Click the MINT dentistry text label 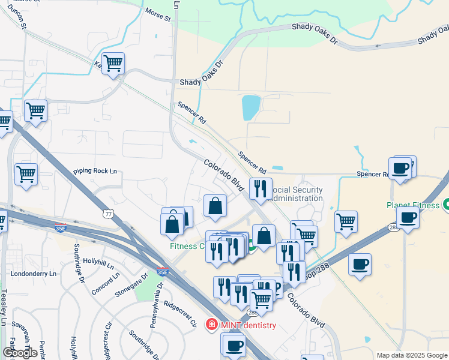[248, 326]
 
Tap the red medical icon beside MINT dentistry [211, 325]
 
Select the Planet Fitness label [414, 205]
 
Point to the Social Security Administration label [296, 194]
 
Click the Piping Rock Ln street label [95, 171]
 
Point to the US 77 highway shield [108, 213]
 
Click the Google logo [20, 353]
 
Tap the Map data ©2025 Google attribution [412, 355]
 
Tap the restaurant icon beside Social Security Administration [261, 188]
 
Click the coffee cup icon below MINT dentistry [235, 346]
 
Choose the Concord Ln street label [106, 281]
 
